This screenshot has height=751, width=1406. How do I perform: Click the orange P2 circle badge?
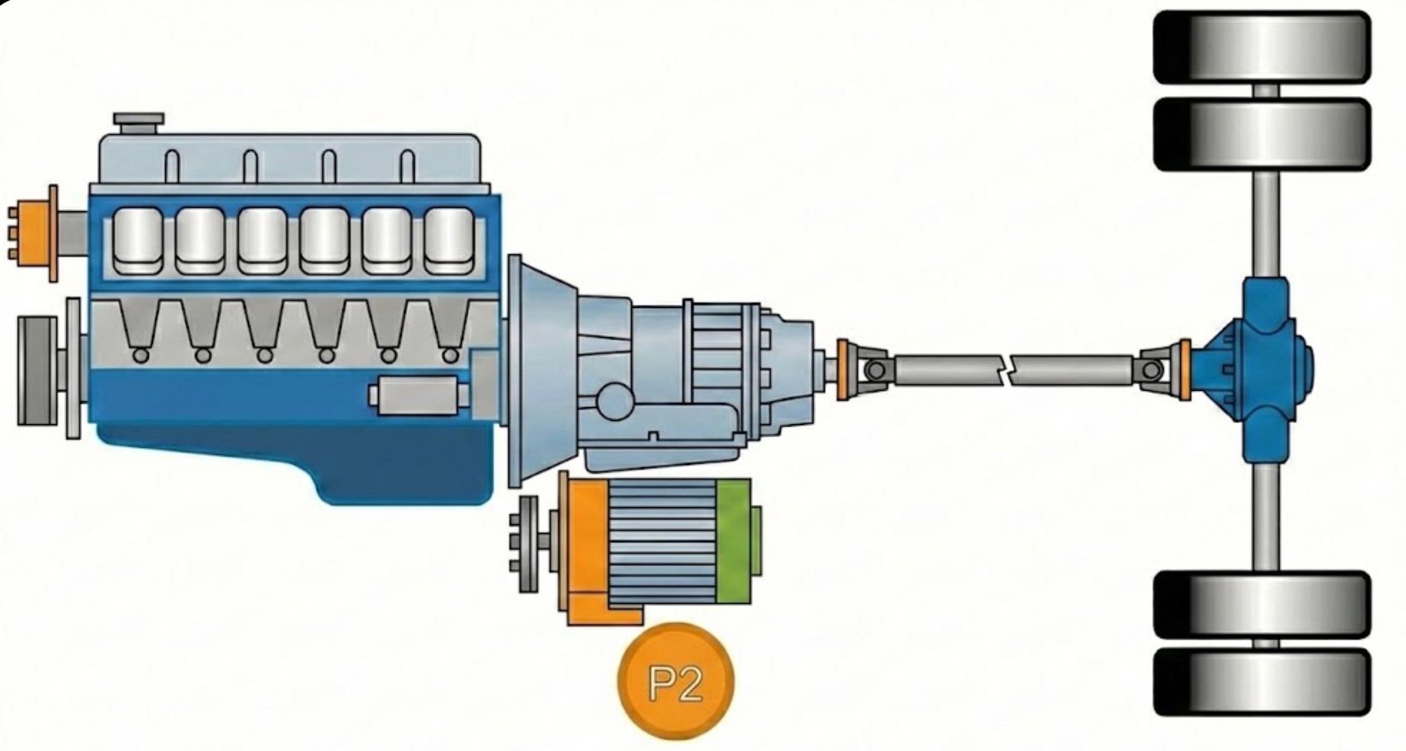676,681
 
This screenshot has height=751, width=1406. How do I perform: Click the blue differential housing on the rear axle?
1261,370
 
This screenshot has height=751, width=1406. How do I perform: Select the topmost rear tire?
1261,47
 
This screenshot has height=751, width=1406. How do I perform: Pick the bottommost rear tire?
1261,682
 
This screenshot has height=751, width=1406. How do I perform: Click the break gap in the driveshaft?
1006,370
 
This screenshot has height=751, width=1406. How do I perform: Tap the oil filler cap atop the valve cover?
139,122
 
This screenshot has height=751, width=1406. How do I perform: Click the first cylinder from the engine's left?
138,241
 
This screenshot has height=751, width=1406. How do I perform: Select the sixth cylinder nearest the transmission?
449,241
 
